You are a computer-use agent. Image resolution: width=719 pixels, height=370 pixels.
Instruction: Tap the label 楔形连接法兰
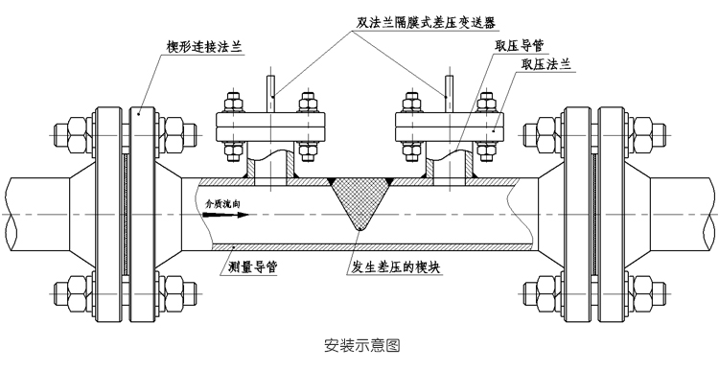[x=196, y=44]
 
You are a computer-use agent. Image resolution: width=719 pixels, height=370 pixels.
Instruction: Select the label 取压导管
[x=521, y=45]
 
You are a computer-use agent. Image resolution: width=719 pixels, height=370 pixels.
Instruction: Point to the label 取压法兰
[x=545, y=64]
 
